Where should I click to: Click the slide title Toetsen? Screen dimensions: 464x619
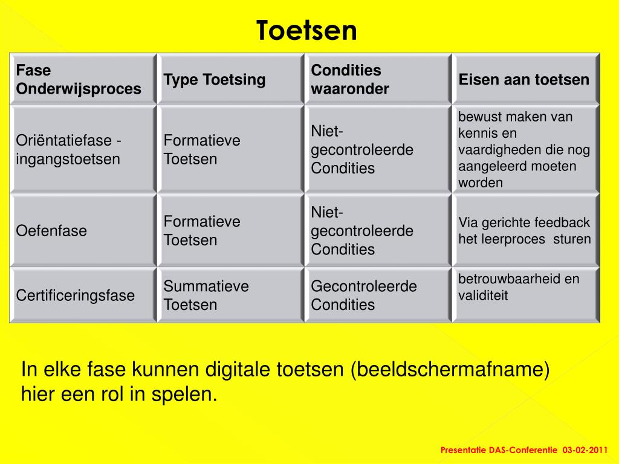[306, 31]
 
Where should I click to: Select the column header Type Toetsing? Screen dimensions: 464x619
[215, 80]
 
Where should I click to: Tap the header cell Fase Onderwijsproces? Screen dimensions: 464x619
[79, 80]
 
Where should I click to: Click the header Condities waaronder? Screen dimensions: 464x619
[351, 80]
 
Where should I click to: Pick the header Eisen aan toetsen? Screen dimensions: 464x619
[523, 80]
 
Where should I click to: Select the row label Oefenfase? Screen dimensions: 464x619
[51, 231]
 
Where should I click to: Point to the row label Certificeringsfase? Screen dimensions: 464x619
[76, 295]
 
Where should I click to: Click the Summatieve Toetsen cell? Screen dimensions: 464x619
[206, 295]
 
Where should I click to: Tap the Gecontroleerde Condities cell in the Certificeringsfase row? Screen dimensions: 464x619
[364, 295]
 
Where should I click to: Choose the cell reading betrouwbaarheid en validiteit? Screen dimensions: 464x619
[519, 287]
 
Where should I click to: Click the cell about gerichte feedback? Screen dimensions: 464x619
[524, 231]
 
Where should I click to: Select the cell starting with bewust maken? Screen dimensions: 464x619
[524, 150]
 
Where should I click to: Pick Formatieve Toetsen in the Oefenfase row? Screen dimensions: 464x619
[202, 231]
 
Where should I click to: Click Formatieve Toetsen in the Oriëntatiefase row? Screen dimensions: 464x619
[202, 150]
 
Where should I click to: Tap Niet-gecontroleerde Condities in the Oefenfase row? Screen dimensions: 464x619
[362, 231]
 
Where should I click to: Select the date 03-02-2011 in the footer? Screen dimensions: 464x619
[585, 450]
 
